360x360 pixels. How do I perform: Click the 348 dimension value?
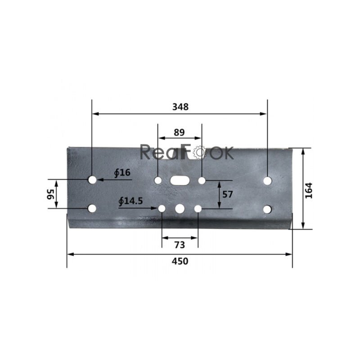180,107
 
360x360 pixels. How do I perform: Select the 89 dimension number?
179,132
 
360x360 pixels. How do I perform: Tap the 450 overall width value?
180,261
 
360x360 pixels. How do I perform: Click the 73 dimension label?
180,244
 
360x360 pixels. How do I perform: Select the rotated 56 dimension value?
50,194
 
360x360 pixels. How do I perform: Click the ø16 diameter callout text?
122,173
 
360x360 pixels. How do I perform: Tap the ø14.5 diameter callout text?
130,201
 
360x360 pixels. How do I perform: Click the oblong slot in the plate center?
180,180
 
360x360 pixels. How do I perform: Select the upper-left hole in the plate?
92,180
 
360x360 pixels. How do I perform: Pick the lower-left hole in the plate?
92,208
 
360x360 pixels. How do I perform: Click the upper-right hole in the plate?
268,180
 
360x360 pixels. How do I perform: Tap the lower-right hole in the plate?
267,209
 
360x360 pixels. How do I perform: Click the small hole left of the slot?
158,180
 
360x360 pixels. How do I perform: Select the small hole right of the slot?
202,180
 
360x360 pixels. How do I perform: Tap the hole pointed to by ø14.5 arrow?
162,208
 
